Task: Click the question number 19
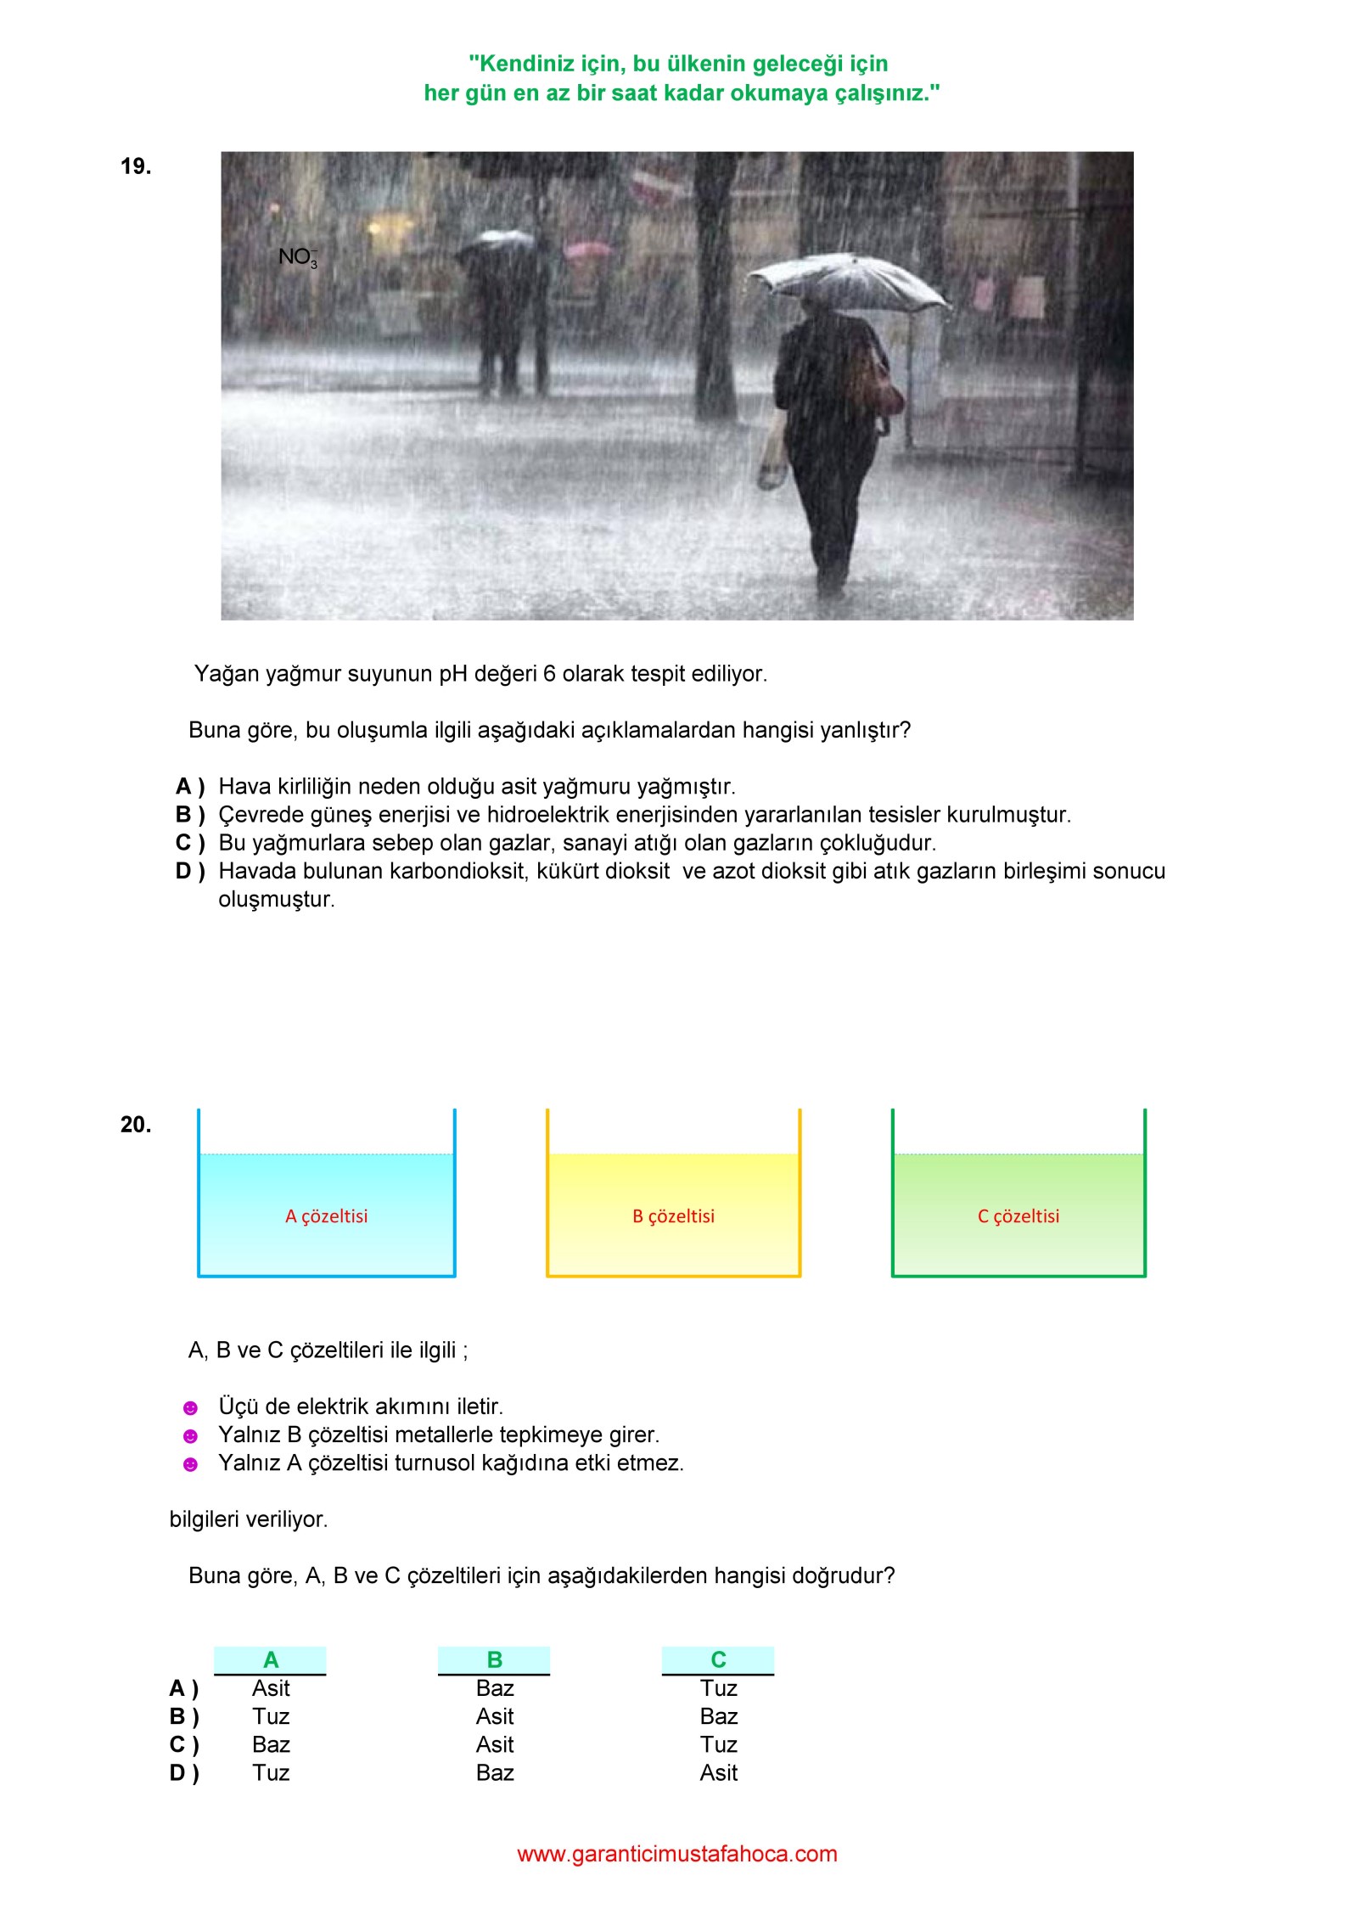(136, 166)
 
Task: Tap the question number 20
(136, 1125)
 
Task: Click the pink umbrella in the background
(587, 250)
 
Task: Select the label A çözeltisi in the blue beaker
(327, 1216)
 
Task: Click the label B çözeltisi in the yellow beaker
(674, 1216)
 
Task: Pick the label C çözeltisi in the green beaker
(1018, 1216)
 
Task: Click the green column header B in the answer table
(495, 1659)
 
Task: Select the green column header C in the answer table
(718, 1659)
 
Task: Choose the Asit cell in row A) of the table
(271, 1688)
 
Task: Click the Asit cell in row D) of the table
(718, 1772)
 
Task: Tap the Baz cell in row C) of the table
(271, 1744)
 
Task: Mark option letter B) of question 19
(190, 815)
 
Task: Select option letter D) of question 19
(190, 871)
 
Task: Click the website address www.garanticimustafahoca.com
(677, 1854)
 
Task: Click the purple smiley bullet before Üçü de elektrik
(191, 1408)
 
